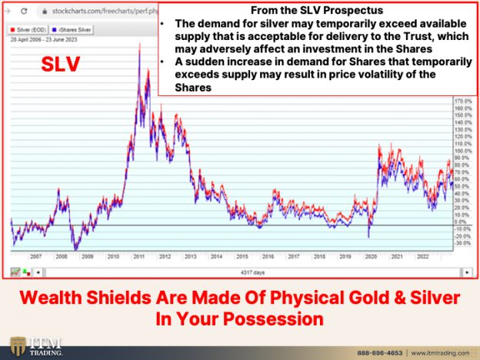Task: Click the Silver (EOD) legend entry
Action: (x=28, y=30)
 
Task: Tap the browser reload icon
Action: (x=24, y=12)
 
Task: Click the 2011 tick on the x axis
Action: (x=138, y=258)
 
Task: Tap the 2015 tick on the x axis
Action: (x=243, y=258)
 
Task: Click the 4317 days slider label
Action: (x=248, y=272)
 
